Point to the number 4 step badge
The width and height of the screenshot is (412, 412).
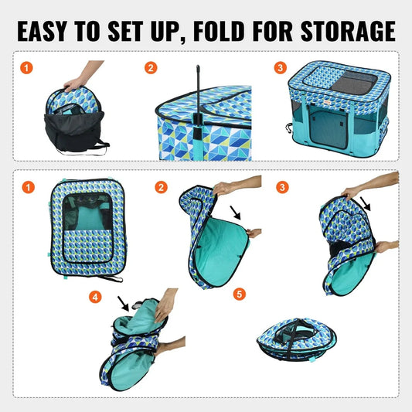pos(94,296)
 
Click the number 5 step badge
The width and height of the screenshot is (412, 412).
pos(239,294)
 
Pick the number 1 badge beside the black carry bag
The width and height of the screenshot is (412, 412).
pos(29,67)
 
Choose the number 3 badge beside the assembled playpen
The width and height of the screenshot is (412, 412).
pos(279,67)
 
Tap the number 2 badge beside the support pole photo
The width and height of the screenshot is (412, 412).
pos(152,67)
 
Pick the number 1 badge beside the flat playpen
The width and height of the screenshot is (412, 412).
pos(29,187)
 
